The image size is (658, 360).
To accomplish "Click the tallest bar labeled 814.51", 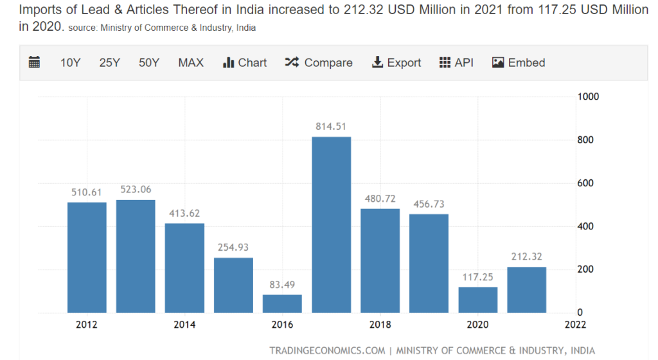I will point(331,225).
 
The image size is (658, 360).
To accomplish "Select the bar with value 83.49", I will point(282,303).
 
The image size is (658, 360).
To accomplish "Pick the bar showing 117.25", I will point(477,300).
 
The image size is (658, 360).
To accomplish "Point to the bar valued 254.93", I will point(233,285).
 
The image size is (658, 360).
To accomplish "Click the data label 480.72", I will point(380,199).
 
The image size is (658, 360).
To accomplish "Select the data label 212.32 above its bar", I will point(526,256).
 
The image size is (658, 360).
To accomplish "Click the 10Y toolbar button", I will point(70,62).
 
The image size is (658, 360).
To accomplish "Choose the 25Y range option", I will point(109,62).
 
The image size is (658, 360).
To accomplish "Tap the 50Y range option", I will point(148,62).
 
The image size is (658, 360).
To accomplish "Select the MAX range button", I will point(191,62).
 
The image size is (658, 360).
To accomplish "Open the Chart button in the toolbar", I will point(245,62).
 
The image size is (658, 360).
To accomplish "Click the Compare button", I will point(319,62).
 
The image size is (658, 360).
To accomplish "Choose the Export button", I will point(396,62).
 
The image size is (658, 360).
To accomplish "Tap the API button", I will point(456,62).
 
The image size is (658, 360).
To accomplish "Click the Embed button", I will point(519,62).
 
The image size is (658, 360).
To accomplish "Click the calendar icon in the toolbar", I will point(35,62).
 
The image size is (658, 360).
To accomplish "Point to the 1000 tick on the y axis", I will point(588,96).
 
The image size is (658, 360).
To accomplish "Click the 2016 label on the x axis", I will point(282,325).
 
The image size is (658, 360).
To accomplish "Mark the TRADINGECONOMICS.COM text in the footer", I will point(327,350).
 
